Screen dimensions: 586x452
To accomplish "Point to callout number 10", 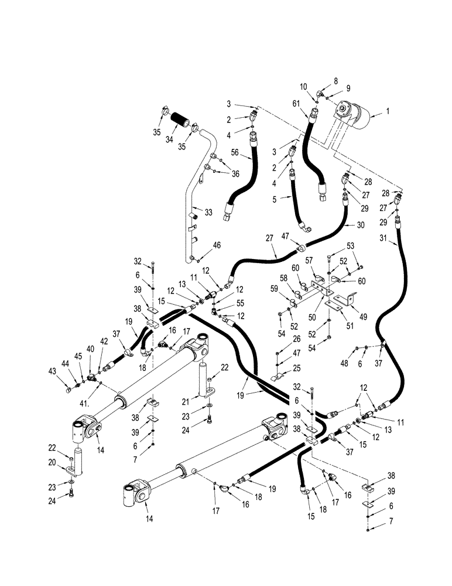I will coord(304,87).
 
